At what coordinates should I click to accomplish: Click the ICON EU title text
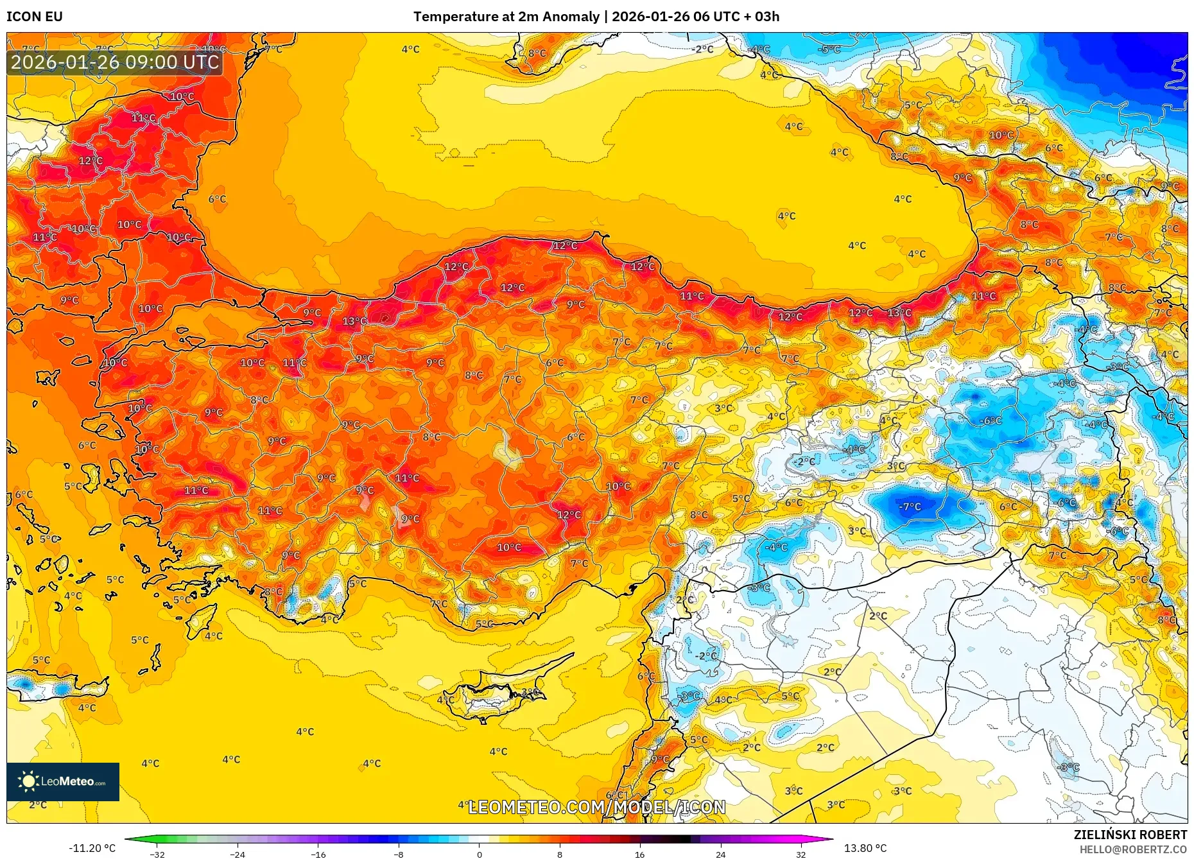point(35,17)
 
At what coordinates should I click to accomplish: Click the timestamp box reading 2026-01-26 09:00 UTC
point(115,62)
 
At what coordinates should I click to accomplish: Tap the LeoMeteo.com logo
point(63,781)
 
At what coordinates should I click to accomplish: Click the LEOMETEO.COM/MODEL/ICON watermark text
point(597,807)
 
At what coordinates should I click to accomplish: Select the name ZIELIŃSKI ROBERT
point(1130,835)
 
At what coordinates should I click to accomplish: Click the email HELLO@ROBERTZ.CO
point(1133,849)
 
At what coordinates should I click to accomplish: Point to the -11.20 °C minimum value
point(92,848)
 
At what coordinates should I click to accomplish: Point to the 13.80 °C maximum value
point(865,848)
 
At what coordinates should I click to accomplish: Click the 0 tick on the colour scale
point(479,855)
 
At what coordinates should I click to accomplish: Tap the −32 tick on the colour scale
point(157,855)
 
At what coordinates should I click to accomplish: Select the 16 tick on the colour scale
point(639,855)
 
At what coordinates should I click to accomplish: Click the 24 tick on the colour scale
point(720,855)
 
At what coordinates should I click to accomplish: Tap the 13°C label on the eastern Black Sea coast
point(899,313)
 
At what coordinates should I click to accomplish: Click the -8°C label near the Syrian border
point(759,587)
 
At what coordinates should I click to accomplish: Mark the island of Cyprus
point(494,697)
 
